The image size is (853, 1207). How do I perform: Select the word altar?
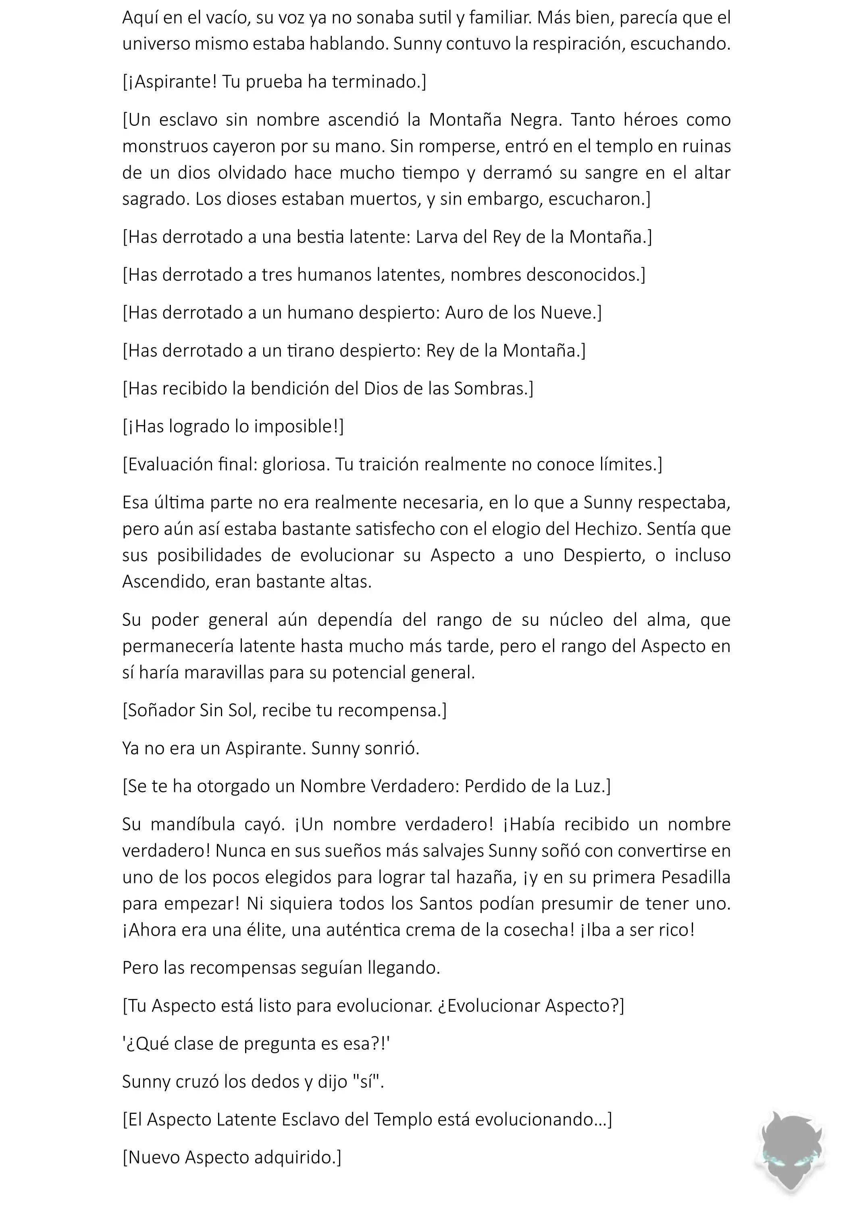(x=712, y=173)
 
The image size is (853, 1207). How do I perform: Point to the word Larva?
(x=437, y=238)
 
